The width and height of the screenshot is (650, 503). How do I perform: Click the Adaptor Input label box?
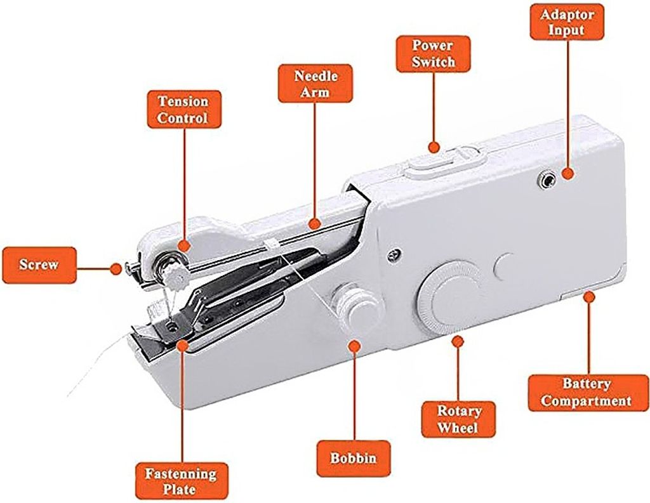(567, 22)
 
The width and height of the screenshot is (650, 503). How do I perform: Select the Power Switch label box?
(433, 54)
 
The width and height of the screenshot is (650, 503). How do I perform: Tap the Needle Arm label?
(315, 83)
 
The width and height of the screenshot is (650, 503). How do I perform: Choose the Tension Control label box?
(184, 109)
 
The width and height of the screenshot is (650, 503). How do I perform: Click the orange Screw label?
(39, 265)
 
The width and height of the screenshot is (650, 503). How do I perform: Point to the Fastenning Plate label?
(182, 481)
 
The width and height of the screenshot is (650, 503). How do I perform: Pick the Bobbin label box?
(354, 458)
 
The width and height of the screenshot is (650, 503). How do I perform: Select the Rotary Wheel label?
(458, 419)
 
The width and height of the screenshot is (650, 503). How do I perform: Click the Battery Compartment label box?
(588, 393)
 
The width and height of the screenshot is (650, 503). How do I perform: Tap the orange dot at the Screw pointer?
(116, 268)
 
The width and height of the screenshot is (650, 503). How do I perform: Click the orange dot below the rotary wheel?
(458, 342)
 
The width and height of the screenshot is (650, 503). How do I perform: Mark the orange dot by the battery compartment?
(588, 297)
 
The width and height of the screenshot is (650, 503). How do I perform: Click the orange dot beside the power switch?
(434, 148)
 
